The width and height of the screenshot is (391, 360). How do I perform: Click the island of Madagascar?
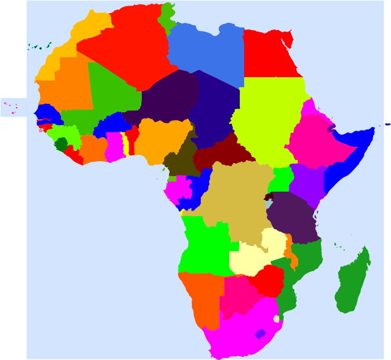pyautogui.click(x=352, y=283)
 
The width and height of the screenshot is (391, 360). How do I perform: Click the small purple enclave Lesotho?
pyautogui.click(x=260, y=334)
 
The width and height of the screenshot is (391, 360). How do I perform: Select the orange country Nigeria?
pyautogui.click(x=161, y=139)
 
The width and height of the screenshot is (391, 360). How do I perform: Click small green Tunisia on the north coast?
pyautogui.click(x=167, y=17)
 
